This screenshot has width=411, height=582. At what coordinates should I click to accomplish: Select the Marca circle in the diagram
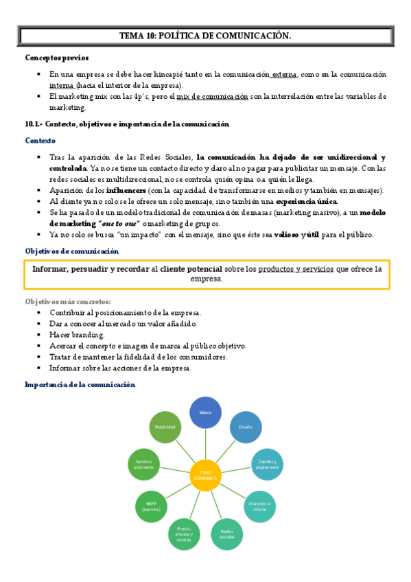coord(205,412)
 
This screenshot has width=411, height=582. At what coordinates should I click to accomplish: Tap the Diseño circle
coord(246,427)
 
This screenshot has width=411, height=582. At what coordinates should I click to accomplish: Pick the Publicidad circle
coord(165,427)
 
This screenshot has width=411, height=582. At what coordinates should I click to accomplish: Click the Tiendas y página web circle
coord(268,465)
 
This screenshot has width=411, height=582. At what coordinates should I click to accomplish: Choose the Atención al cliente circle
coord(262,506)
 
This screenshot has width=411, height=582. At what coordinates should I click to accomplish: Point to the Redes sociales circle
coord(227,533)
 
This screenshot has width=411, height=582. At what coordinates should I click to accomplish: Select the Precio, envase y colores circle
coord(184,533)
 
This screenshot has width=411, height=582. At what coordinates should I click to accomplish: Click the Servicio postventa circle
coord(143,465)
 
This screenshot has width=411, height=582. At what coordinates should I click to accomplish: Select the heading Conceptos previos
coord(57,58)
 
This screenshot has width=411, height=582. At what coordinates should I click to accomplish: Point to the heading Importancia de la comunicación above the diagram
coord(80,384)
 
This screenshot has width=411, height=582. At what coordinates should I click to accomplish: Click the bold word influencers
coord(126,190)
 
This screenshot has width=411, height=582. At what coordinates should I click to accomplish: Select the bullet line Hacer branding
coord(77,335)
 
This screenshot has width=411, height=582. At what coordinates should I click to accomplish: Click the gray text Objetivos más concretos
coord(68,302)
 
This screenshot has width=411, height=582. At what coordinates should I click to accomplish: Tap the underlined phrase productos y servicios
coord(296,269)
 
